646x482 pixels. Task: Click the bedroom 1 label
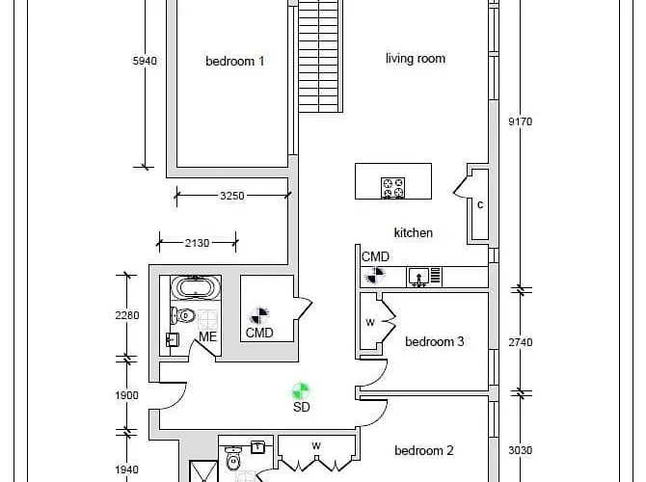(x=234, y=62)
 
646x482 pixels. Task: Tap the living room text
(x=416, y=59)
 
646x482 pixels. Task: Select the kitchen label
(x=414, y=232)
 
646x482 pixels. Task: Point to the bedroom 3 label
(x=435, y=341)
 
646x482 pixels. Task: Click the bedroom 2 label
(x=423, y=450)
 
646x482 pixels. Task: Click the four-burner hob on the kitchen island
(x=392, y=187)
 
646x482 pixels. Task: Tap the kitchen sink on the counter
(x=418, y=277)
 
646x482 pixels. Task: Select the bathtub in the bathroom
(x=196, y=288)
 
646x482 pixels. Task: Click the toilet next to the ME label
(x=184, y=315)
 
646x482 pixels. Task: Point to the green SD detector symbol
(x=301, y=390)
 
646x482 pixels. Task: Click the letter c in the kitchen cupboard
(x=479, y=204)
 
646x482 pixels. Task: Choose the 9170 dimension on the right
(x=521, y=121)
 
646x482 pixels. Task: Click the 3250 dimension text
(x=231, y=195)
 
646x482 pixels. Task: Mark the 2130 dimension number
(x=197, y=243)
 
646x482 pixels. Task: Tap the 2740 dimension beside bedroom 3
(x=521, y=342)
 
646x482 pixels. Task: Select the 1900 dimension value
(x=127, y=395)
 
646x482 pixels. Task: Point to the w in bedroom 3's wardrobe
(x=369, y=323)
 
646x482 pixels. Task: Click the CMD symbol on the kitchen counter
(x=374, y=276)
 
